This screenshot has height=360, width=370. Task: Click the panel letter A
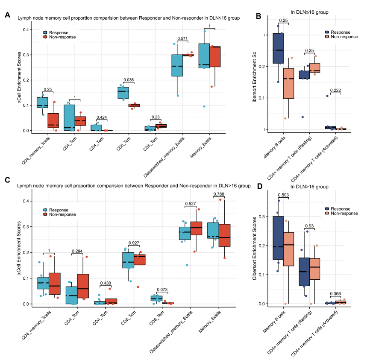point(7,15)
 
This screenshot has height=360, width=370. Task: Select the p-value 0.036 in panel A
point(129,80)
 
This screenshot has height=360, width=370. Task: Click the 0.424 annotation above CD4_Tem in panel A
point(102,117)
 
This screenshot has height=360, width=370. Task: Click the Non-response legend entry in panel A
point(62,37)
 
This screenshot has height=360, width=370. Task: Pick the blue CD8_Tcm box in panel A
point(123,93)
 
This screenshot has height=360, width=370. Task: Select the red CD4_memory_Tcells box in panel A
point(53,120)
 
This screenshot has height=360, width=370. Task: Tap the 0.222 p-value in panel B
point(335,90)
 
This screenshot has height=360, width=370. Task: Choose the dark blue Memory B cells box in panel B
point(278,48)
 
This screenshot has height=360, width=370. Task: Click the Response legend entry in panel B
point(340,32)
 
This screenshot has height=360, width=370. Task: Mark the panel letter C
point(7,179)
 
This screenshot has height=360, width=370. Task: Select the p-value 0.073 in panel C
point(162,290)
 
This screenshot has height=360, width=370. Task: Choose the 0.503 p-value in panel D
point(284,196)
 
